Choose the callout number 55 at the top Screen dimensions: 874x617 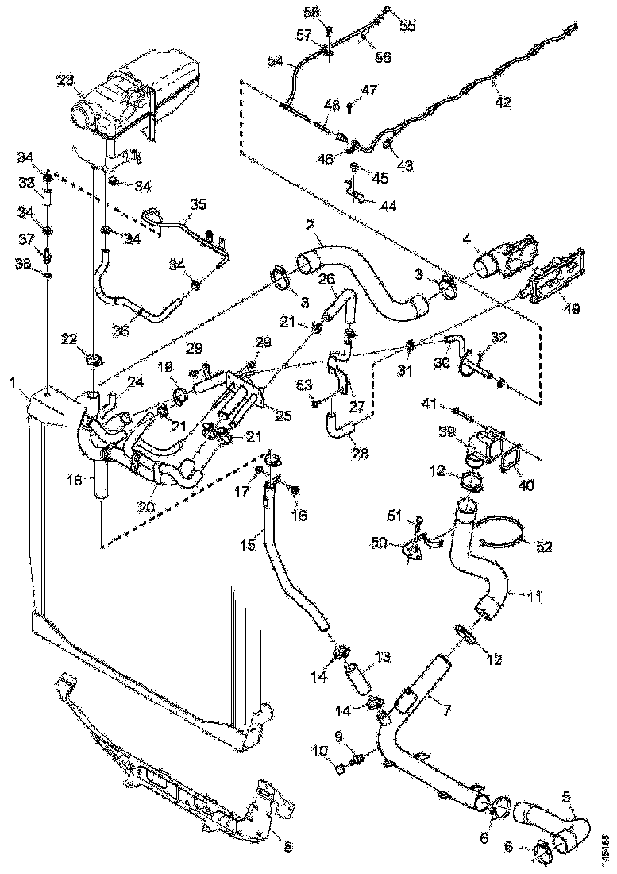click(407, 25)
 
